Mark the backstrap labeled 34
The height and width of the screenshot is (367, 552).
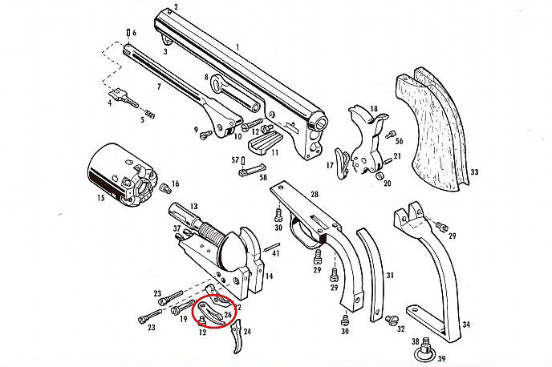tap(437, 272)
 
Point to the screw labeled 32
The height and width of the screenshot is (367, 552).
tap(392, 321)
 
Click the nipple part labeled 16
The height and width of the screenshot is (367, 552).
tap(166, 188)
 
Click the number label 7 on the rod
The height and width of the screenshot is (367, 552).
tap(158, 86)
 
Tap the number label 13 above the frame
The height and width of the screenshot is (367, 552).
tap(193, 206)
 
